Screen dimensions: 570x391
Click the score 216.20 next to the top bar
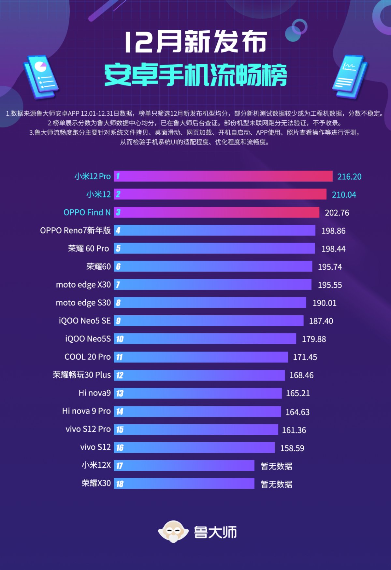pyautogui.click(x=349, y=177)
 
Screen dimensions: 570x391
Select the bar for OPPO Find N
pyautogui.click(x=217, y=213)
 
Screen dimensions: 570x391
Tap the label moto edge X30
pyautogui.click(x=83, y=285)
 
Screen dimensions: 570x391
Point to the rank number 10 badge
pyautogui.click(x=120, y=339)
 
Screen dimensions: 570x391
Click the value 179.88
pyautogui.click(x=313, y=339)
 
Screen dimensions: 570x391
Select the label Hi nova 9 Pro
pyautogui.click(x=86, y=411)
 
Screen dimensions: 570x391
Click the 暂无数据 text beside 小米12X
pyautogui.click(x=276, y=466)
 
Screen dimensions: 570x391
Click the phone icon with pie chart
pyautogui.click(x=41, y=77)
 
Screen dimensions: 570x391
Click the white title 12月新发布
pyautogui.click(x=195, y=42)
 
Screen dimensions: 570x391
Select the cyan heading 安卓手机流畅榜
pyautogui.click(x=195, y=75)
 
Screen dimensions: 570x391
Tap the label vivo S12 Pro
pyautogui.click(x=88, y=429)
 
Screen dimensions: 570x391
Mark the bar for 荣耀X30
pyautogui.click(x=184, y=484)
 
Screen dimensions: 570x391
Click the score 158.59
pyautogui.click(x=292, y=448)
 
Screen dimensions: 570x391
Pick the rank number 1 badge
pyautogui.click(x=118, y=176)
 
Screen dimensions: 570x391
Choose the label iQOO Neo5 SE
pyautogui.click(x=85, y=321)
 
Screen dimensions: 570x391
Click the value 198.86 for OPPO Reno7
pyautogui.click(x=333, y=231)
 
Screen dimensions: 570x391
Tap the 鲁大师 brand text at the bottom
pyautogui.click(x=215, y=532)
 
